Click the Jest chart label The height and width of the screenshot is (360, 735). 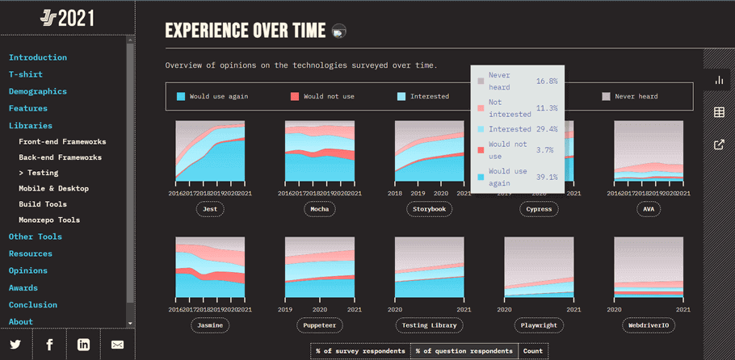coord(210,209)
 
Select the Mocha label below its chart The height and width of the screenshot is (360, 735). coord(319,209)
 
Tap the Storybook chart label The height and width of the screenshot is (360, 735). coord(429,209)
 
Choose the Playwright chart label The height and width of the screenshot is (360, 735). coord(539,325)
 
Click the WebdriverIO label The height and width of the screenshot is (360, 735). coord(649,325)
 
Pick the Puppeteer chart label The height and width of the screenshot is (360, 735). coord(319,325)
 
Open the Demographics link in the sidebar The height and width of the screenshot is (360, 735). coord(38,91)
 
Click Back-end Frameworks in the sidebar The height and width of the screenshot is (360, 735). coord(61,157)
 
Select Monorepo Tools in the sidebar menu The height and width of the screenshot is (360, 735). coord(49,220)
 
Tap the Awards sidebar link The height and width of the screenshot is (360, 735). coord(23,287)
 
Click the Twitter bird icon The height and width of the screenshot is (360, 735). coord(16,345)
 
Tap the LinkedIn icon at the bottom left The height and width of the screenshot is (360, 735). coord(83,345)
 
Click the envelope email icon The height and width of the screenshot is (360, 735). coord(117,345)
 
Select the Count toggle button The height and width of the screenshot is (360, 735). coord(533,351)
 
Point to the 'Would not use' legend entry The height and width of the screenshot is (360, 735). coord(321,97)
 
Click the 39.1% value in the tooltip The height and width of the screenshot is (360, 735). coord(547,177)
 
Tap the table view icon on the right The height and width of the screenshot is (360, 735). coord(719,112)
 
